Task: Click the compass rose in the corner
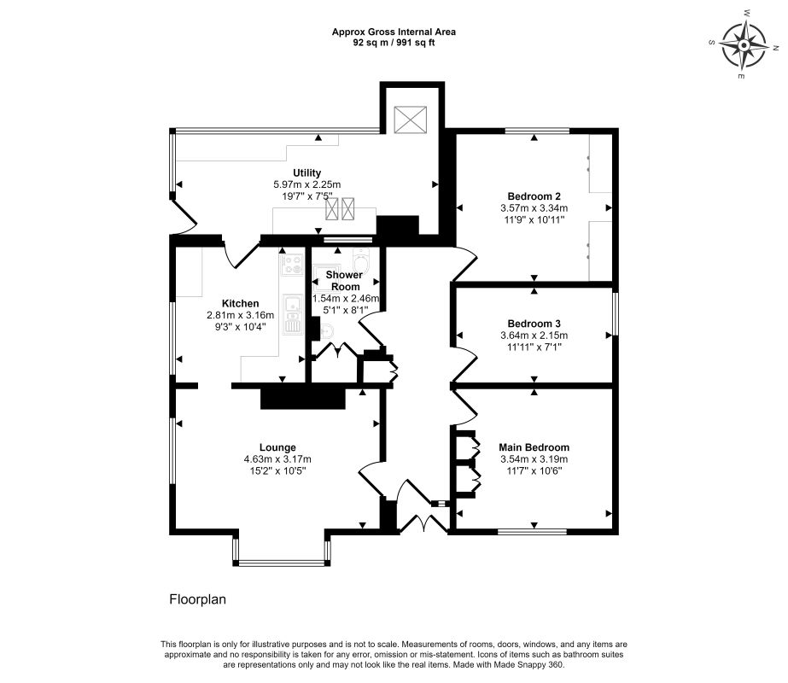[744, 46]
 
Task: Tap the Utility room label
[307, 173]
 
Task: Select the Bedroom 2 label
[534, 196]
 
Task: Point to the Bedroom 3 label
[534, 324]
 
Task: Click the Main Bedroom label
[534, 447]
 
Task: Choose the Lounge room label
[277, 447]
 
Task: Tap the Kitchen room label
[240, 304]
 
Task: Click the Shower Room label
[345, 280]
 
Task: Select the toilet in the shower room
[360, 259]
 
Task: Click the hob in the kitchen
[292, 265]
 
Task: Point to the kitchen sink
[292, 315]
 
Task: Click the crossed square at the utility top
[410, 120]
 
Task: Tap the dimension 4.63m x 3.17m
[277, 458]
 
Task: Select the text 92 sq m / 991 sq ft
[394, 43]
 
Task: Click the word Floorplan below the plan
[197, 599]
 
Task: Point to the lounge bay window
[282, 563]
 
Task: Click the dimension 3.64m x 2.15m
[534, 336]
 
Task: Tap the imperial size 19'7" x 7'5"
[307, 196]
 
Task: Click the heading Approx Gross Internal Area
[394, 32]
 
